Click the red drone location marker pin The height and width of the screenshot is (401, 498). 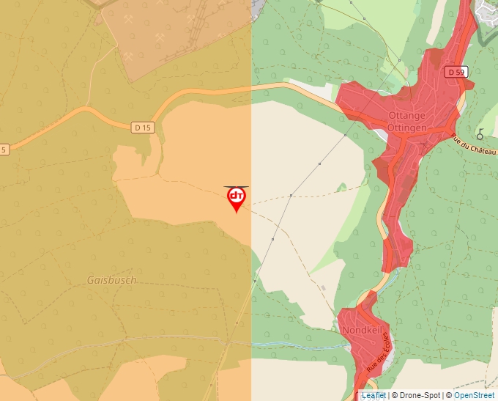click(x=236, y=198)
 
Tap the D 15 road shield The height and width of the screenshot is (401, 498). click(x=143, y=128)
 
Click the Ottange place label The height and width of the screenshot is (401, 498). click(x=406, y=117)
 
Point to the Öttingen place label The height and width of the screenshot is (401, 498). click(x=406, y=128)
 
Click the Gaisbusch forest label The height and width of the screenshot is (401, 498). click(x=111, y=280)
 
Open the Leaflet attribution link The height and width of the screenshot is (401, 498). click(x=373, y=395)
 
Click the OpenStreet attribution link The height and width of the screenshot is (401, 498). click(x=473, y=395)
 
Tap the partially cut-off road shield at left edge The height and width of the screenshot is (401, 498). click(x=4, y=150)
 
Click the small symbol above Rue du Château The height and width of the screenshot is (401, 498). click(x=480, y=134)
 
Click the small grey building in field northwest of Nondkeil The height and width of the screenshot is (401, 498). click(x=322, y=287)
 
